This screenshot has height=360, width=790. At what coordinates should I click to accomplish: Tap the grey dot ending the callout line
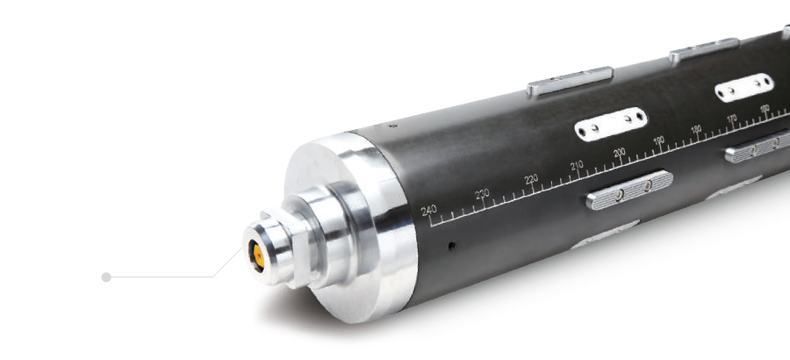(x=106, y=277)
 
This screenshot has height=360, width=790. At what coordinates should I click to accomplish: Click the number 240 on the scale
(x=428, y=210)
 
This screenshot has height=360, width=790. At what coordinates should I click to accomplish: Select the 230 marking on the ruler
(x=482, y=194)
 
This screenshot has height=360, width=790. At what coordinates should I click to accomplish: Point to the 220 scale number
(x=531, y=179)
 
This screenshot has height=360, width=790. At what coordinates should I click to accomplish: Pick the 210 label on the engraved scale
(x=577, y=165)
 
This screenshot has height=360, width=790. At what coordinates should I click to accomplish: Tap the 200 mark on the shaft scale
(x=619, y=153)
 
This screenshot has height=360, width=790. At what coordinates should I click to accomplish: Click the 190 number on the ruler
(x=658, y=140)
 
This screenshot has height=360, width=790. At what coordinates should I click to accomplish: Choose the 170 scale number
(x=731, y=119)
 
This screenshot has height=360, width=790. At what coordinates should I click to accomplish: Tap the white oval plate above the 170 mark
(x=743, y=87)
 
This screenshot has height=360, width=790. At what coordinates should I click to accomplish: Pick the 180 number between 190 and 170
(x=696, y=130)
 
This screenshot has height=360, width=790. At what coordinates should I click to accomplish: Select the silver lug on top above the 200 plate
(x=570, y=80)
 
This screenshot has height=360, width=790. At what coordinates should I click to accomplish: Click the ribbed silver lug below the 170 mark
(x=757, y=147)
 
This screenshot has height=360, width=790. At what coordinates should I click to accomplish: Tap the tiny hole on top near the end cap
(x=392, y=126)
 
